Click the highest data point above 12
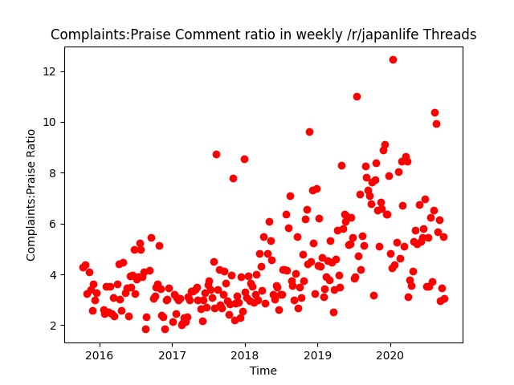pos(393,59)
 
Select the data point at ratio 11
pos(357,96)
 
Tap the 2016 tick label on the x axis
pos(99,355)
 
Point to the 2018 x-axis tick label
pos(245,355)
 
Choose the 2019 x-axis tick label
pos(318,355)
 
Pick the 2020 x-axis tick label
pos(390,355)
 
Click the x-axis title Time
pos(263,370)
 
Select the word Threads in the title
pos(450,35)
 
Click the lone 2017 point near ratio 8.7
pos(216,154)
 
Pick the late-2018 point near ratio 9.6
pos(309,132)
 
